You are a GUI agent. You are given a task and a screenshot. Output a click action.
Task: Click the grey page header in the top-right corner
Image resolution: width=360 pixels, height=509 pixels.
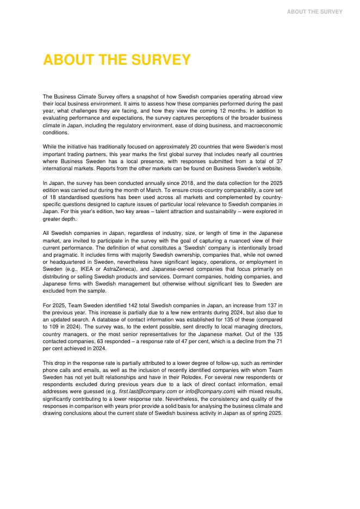tap(315, 11)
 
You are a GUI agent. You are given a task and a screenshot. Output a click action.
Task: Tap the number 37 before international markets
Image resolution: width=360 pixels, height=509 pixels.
tap(278, 162)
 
